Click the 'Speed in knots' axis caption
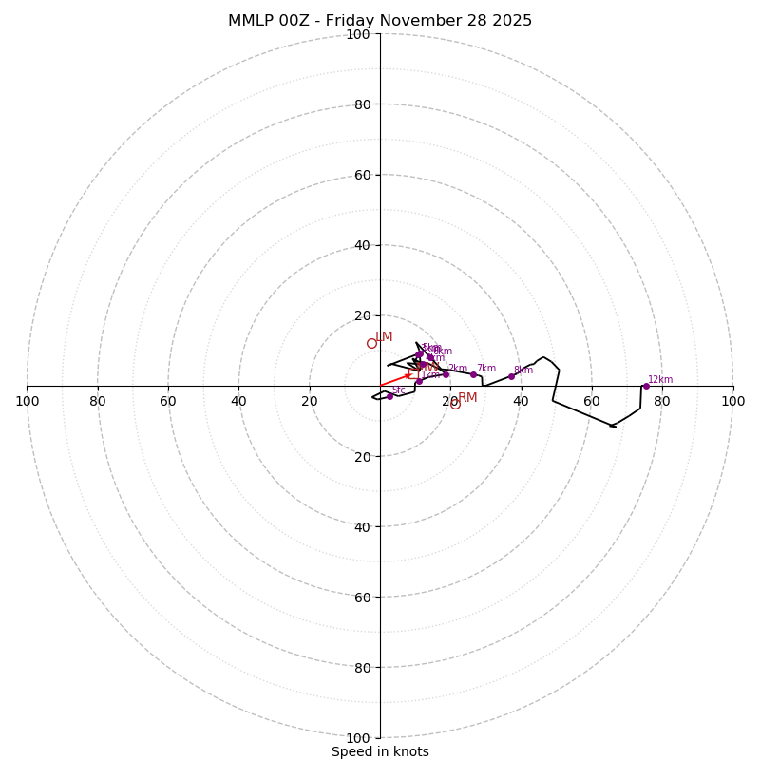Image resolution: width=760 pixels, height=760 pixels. [x=380, y=751]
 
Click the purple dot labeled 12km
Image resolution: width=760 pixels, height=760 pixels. [x=646, y=386]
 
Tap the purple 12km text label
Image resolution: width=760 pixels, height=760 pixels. [x=660, y=379]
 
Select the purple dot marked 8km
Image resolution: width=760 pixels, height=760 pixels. [x=511, y=376]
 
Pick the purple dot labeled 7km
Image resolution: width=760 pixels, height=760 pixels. [x=473, y=374]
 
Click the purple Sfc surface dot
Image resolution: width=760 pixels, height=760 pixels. [x=389, y=396]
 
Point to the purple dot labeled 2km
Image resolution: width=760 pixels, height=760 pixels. [x=446, y=374]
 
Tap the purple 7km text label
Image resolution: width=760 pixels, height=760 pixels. [x=486, y=369]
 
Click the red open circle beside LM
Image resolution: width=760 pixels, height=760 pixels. [x=371, y=344]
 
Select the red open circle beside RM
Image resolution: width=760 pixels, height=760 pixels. [x=455, y=405]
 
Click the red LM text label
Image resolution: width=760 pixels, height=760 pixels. [x=384, y=337]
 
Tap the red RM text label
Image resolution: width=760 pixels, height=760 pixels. [x=467, y=398]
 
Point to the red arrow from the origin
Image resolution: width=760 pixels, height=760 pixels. [x=394, y=380]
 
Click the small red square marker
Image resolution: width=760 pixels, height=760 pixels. [x=412, y=373]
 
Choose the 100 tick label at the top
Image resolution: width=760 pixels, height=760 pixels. [x=358, y=34]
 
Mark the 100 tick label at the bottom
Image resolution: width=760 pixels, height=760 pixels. [x=358, y=737]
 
